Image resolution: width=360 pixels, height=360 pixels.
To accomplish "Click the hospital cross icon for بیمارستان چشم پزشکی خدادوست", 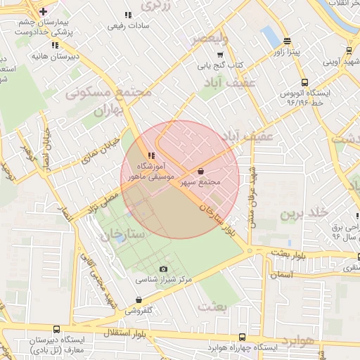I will [x=44, y=11].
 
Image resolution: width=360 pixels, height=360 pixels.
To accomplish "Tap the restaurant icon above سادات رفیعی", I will [x=127, y=15].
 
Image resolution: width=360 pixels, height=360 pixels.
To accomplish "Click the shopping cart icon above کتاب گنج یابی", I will [x=220, y=55].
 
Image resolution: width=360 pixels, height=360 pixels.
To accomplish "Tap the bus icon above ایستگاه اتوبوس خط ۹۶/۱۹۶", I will [x=304, y=82].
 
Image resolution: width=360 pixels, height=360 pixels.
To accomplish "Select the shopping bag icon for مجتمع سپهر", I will [x=201, y=171].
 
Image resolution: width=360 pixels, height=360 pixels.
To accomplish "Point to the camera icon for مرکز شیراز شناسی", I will [x=164, y=269].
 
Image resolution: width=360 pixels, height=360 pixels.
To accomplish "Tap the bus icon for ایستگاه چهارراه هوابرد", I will [x=242, y=337].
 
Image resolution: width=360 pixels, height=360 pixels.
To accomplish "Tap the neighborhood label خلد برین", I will [x=304, y=213].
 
